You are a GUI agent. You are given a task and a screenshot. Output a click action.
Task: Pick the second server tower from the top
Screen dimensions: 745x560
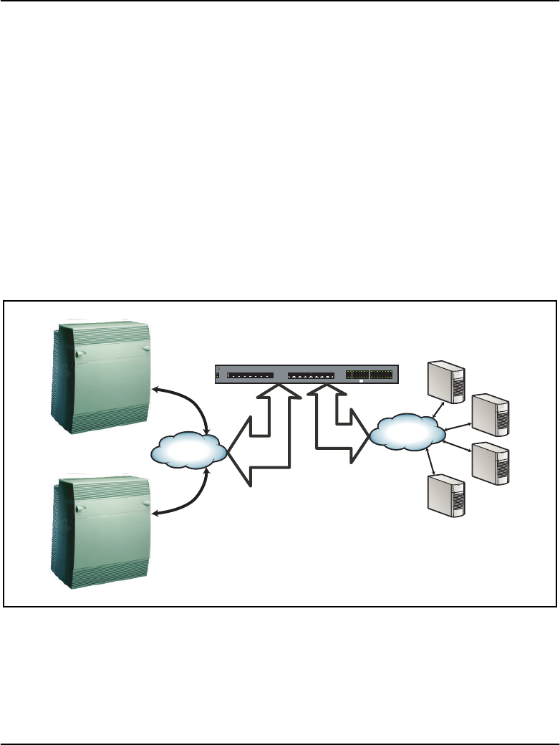pyautogui.click(x=491, y=415)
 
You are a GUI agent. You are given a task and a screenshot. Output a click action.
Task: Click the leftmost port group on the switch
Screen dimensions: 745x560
pyautogui.click(x=250, y=375)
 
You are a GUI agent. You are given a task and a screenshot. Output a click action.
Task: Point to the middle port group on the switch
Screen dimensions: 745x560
pyautogui.click(x=311, y=375)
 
